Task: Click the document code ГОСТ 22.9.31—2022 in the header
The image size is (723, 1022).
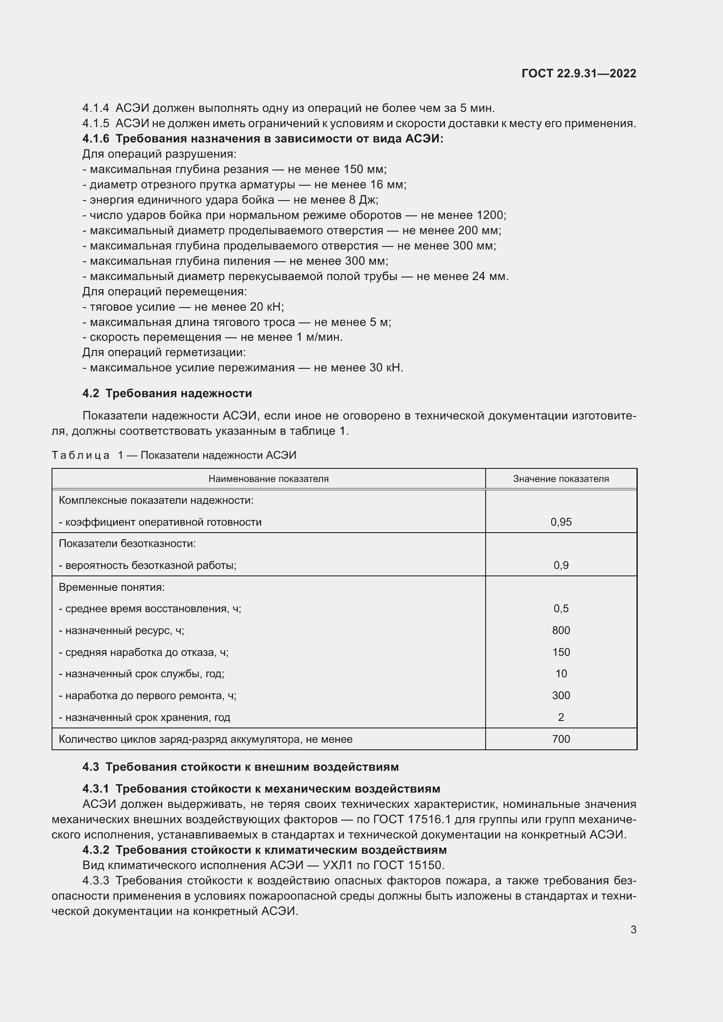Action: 578,73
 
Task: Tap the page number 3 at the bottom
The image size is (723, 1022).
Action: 633,929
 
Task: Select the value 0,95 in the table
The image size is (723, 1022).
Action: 560,522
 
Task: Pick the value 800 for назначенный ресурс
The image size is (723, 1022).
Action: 560,631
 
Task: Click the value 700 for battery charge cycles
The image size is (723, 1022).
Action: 560,739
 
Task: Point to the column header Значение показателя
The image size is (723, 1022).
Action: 560,479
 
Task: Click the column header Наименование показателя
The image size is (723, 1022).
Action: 268,479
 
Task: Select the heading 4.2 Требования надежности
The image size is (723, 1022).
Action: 167,394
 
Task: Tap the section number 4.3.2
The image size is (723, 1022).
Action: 96,850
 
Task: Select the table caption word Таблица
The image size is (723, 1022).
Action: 80,455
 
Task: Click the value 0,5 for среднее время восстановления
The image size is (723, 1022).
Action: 560,609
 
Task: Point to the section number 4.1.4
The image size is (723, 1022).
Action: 95,108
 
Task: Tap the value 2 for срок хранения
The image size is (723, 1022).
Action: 560,717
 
